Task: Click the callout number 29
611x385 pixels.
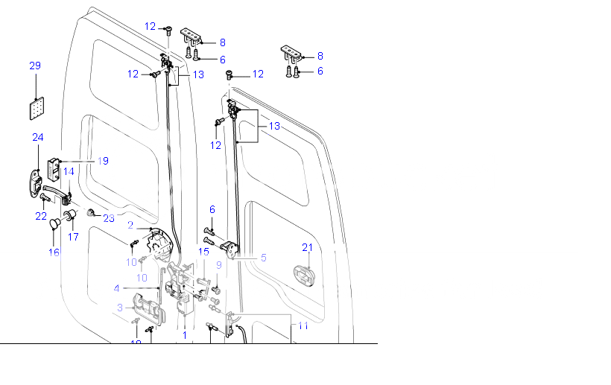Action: coord(35,66)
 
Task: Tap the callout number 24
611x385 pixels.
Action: coord(38,137)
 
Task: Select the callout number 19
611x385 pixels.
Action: coord(103,161)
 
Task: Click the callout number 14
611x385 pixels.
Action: coord(69,172)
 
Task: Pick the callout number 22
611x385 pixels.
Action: coord(41,216)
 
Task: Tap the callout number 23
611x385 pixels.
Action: coord(109,218)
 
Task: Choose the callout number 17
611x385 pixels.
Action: coord(74,238)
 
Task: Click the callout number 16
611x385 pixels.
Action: coord(54,252)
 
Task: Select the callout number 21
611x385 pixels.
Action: coord(307,247)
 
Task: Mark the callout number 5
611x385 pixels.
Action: coord(263,258)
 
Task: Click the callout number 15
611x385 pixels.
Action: coord(203,252)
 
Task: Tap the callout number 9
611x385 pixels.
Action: coord(219,264)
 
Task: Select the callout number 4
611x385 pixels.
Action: coord(116,288)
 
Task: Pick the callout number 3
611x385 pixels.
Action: coord(120,308)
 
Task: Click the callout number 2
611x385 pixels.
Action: coord(130,225)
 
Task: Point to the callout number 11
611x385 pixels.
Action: coord(303,326)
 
